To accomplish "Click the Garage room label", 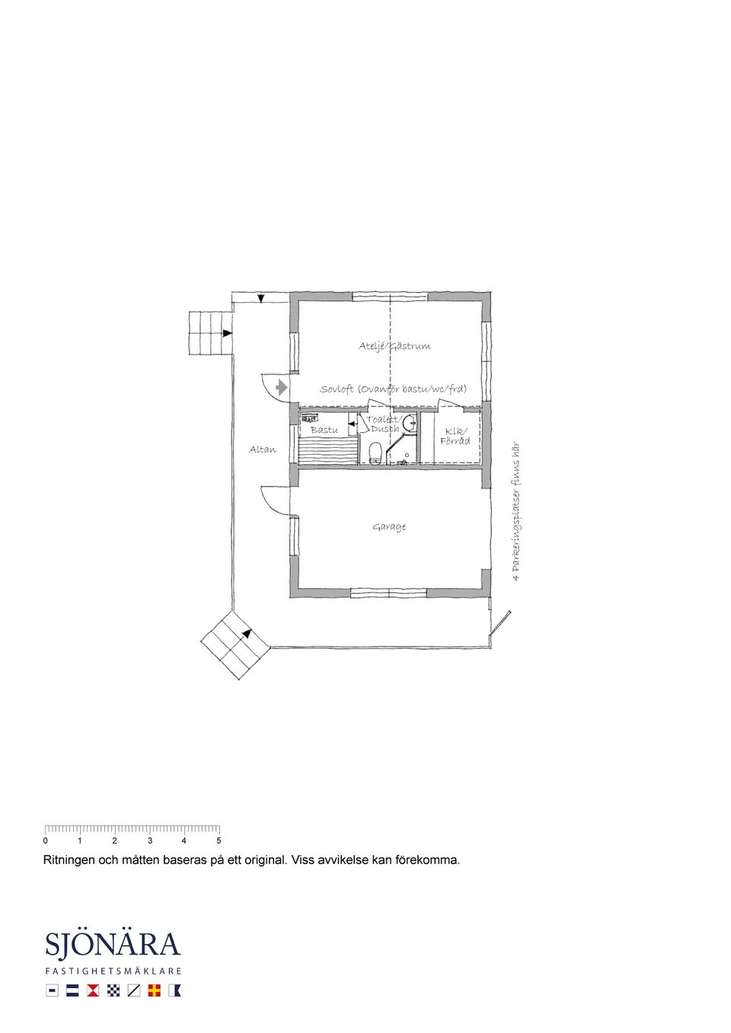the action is click(389, 526).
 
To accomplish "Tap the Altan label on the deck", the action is click(262, 449).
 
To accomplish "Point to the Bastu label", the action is click(324, 430).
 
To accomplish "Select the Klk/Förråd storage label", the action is click(455, 437).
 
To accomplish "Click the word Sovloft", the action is click(337, 389).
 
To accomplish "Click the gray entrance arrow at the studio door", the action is click(281, 387).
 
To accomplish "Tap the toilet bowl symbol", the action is click(375, 453).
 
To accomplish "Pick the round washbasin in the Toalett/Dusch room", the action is click(410, 424).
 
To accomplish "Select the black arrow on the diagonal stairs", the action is click(247, 634).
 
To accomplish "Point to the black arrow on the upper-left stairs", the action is click(227, 333).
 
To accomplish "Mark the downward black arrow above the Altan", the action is click(260, 299).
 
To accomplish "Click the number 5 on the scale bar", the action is click(219, 841).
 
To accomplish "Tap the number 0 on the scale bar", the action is click(45, 841).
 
